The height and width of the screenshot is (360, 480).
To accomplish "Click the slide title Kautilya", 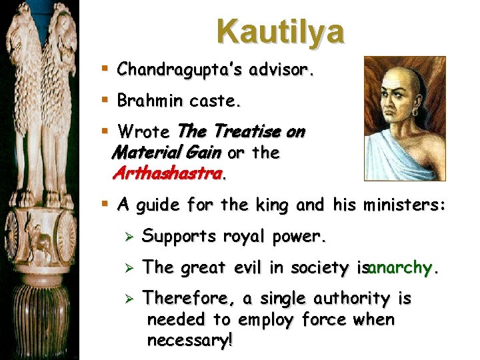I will coord(280,31).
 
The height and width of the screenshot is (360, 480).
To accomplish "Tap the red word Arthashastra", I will coord(169,175).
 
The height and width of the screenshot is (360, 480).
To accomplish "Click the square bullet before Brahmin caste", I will coord(107,101).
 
